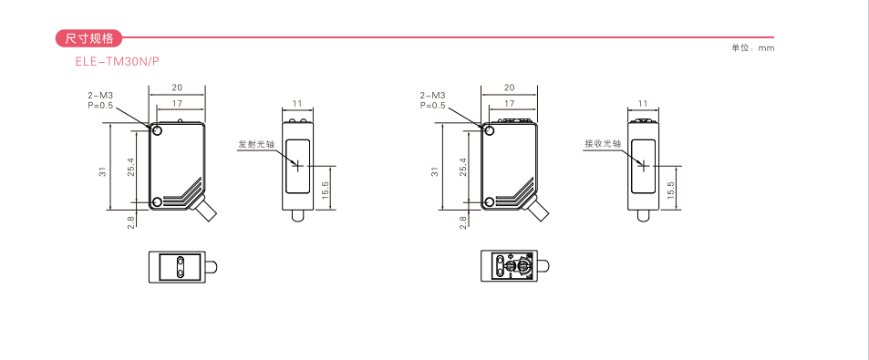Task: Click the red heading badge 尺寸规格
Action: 88,38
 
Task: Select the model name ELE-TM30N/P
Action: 118,61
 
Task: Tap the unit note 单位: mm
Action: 752,48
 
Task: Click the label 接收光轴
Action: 603,144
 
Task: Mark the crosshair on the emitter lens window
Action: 297,165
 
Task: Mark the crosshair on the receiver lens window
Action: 644,165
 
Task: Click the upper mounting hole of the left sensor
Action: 157,130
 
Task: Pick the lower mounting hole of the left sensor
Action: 157,201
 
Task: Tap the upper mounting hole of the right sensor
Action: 490,130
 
